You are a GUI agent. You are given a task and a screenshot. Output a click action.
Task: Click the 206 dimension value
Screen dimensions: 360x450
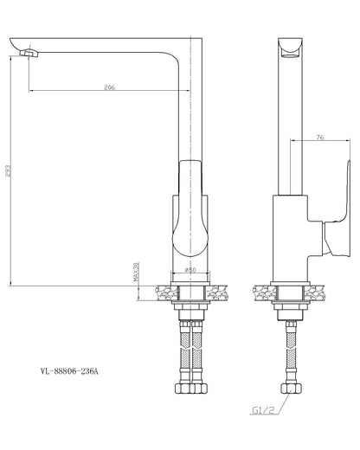coord(110,87)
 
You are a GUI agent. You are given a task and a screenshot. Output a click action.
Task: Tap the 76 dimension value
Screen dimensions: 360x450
coord(320,138)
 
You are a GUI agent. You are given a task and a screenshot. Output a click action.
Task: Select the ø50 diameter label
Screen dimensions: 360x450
coord(190,270)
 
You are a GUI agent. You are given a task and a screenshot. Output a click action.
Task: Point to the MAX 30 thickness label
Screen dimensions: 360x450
coord(136,272)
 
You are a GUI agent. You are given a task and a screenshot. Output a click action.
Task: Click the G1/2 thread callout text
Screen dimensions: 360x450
coord(263,410)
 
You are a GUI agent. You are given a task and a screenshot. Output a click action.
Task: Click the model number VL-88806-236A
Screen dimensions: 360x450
coord(69,371)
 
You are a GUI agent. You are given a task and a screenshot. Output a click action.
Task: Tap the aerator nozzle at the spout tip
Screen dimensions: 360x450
coord(29,53)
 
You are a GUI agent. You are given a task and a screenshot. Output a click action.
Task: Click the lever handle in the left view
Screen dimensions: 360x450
coord(190,208)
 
